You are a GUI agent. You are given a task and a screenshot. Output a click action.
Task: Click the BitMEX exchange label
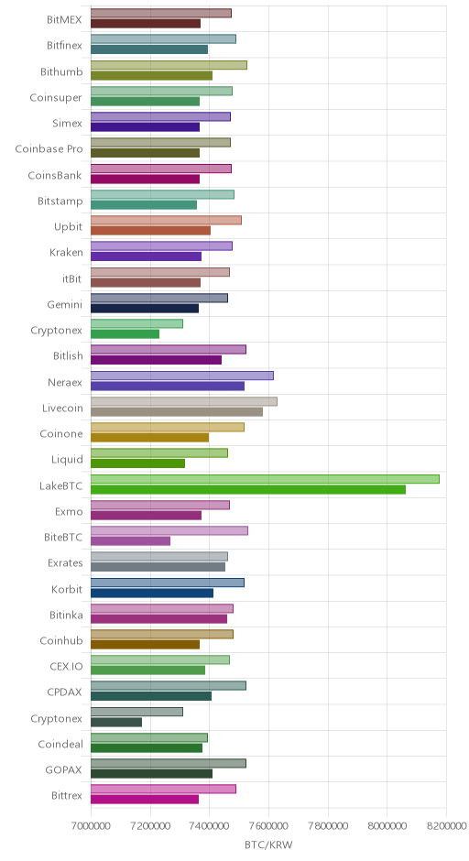64,20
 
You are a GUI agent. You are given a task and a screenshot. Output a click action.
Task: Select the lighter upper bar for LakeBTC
265,479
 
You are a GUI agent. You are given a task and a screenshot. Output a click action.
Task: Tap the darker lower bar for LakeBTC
247,490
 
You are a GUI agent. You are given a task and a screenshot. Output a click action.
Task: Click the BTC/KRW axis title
269,845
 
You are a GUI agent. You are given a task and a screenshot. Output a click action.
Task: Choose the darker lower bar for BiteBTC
130,541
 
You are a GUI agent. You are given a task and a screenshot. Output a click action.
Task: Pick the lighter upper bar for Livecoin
184,401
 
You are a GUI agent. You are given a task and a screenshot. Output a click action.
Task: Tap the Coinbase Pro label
49,148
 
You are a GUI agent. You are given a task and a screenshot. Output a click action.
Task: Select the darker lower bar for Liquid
137,463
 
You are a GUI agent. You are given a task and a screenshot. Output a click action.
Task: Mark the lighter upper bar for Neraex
181,376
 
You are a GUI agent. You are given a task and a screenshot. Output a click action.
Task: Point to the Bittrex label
67,796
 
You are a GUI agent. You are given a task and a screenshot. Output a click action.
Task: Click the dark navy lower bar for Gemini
145,309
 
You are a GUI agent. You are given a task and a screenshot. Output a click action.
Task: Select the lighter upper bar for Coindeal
148,738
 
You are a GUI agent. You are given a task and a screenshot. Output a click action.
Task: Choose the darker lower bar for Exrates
158,567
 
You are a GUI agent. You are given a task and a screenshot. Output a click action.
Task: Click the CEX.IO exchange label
66,667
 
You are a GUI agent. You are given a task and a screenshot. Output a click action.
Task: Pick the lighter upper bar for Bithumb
169,65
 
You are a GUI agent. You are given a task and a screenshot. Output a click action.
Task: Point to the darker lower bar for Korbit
151,593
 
